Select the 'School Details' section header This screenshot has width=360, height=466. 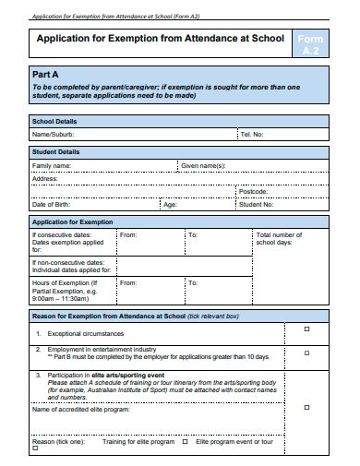56,121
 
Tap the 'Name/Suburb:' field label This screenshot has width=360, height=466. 54,134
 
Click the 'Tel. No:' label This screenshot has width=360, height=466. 252,134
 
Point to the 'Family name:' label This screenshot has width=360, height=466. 52,165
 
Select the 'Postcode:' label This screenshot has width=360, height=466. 253,191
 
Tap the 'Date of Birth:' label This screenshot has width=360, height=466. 53,205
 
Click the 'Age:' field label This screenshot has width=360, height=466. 170,205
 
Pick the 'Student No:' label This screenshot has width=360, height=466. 256,205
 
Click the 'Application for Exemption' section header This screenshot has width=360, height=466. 72,221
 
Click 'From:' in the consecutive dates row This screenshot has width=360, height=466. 127,235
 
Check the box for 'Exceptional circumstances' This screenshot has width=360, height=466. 306,329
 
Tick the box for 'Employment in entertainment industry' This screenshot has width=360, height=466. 306,352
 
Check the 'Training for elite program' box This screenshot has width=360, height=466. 181,441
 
